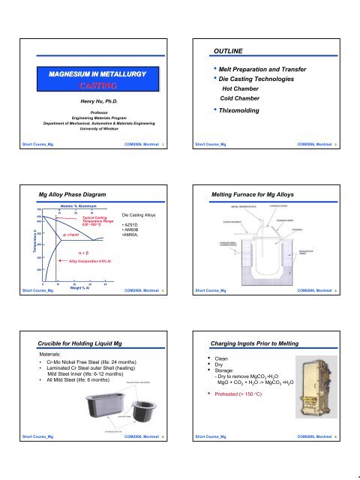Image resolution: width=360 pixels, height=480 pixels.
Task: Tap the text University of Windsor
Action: (x=99, y=124)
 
